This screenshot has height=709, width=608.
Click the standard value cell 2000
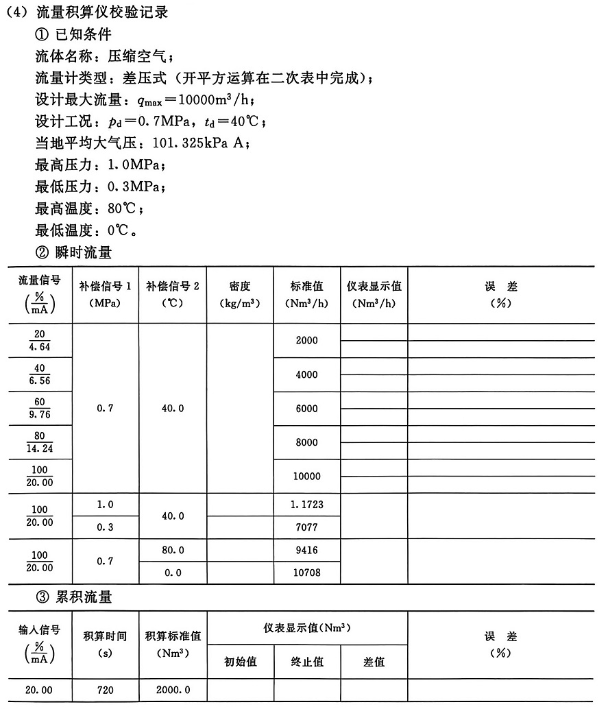pos(306,341)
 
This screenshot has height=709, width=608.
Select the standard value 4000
pos(306,375)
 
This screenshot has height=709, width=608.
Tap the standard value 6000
pos(306,409)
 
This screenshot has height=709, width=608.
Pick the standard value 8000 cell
pos(306,443)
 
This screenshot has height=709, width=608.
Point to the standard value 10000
pos(306,477)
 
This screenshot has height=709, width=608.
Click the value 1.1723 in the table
pos(306,505)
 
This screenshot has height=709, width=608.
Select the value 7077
pos(306,527)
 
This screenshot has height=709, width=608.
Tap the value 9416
pos(306,550)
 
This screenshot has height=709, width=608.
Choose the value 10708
pos(306,573)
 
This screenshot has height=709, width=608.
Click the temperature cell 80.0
pos(173,550)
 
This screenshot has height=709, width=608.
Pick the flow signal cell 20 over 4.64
pos(40,341)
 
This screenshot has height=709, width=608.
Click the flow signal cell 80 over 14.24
pos(40,443)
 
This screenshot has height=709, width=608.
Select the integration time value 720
pos(105,690)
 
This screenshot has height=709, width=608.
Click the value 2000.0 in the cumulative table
pos(173,690)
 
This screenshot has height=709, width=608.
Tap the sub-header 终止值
pos(306,662)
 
